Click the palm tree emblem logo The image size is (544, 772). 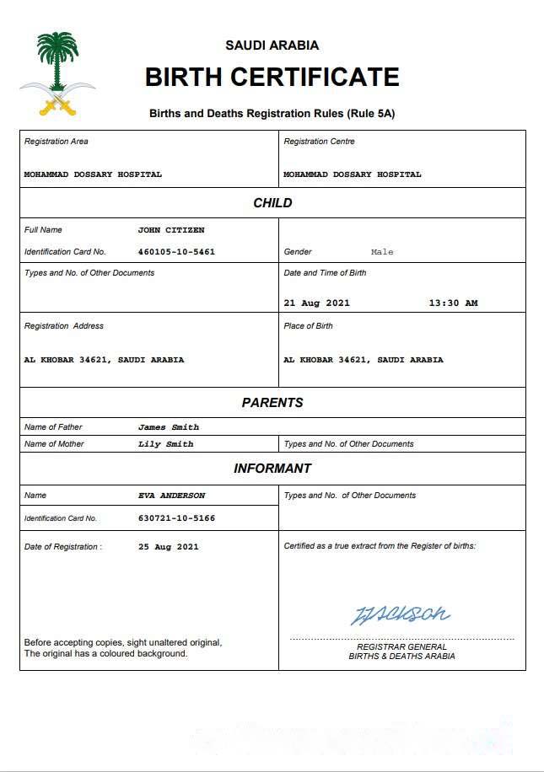(x=57, y=73)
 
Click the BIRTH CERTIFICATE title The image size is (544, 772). (x=272, y=78)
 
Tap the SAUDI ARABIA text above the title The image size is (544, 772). (x=272, y=46)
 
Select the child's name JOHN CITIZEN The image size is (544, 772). (x=171, y=230)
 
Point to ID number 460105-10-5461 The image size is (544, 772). (x=176, y=252)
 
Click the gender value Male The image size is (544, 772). (x=382, y=252)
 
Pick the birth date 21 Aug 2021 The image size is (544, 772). (x=316, y=303)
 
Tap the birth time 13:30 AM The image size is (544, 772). (x=453, y=303)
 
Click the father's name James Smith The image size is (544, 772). (x=169, y=427)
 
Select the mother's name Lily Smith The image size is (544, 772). (x=165, y=444)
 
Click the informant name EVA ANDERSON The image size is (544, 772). (x=171, y=496)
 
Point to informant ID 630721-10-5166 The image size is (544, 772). (x=176, y=518)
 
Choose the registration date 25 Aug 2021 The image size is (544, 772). (x=169, y=547)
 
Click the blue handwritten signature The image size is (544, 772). (x=400, y=614)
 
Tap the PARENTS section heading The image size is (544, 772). (x=272, y=403)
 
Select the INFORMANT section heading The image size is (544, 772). (x=272, y=469)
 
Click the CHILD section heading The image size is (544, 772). (x=272, y=203)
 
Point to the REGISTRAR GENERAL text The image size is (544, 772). (x=401, y=646)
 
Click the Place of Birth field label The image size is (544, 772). (x=308, y=326)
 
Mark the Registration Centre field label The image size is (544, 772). (x=319, y=142)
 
